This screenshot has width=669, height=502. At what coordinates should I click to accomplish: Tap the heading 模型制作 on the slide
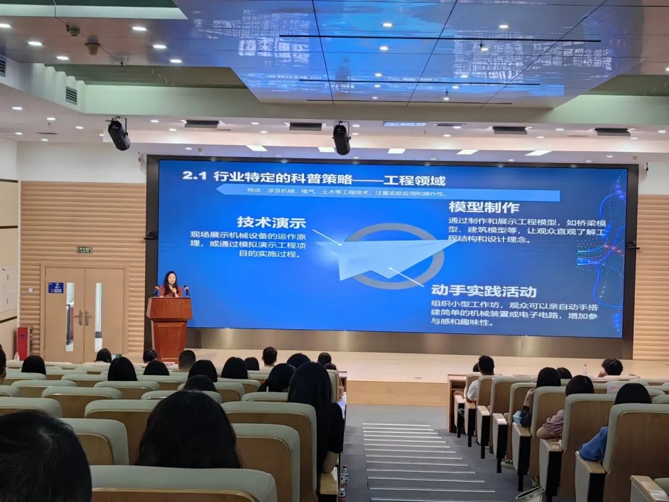click(484, 207)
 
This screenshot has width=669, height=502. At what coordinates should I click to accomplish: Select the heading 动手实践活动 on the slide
click(484, 291)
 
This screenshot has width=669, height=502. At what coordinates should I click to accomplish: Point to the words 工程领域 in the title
click(414, 180)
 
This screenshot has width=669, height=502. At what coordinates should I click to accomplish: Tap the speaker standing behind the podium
click(170, 284)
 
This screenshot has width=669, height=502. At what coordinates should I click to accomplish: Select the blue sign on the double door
click(56, 288)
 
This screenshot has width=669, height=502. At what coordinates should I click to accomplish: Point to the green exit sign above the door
click(84, 250)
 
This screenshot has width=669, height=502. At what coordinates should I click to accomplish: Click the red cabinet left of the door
click(23, 342)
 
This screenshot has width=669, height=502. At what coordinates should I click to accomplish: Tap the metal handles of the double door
click(83, 318)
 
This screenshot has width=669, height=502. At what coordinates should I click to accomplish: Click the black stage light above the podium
click(118, 134)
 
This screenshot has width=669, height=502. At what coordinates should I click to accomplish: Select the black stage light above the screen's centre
click(341, 139)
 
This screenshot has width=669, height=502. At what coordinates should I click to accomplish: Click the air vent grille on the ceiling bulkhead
click(71, 95)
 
